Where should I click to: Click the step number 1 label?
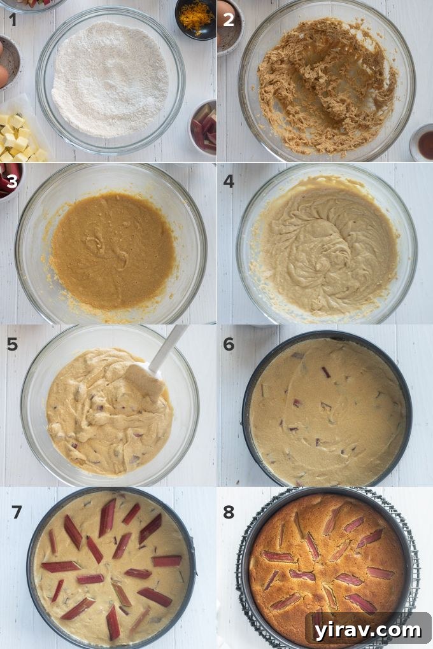coord(12,20)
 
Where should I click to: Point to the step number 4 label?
coord(229,181)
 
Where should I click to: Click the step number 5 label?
coord(13,344)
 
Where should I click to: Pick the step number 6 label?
coord(229,344)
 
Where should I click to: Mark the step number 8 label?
coord(229,511)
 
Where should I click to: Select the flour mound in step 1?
coord(110,80)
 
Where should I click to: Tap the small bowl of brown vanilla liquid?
coord(423,143)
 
